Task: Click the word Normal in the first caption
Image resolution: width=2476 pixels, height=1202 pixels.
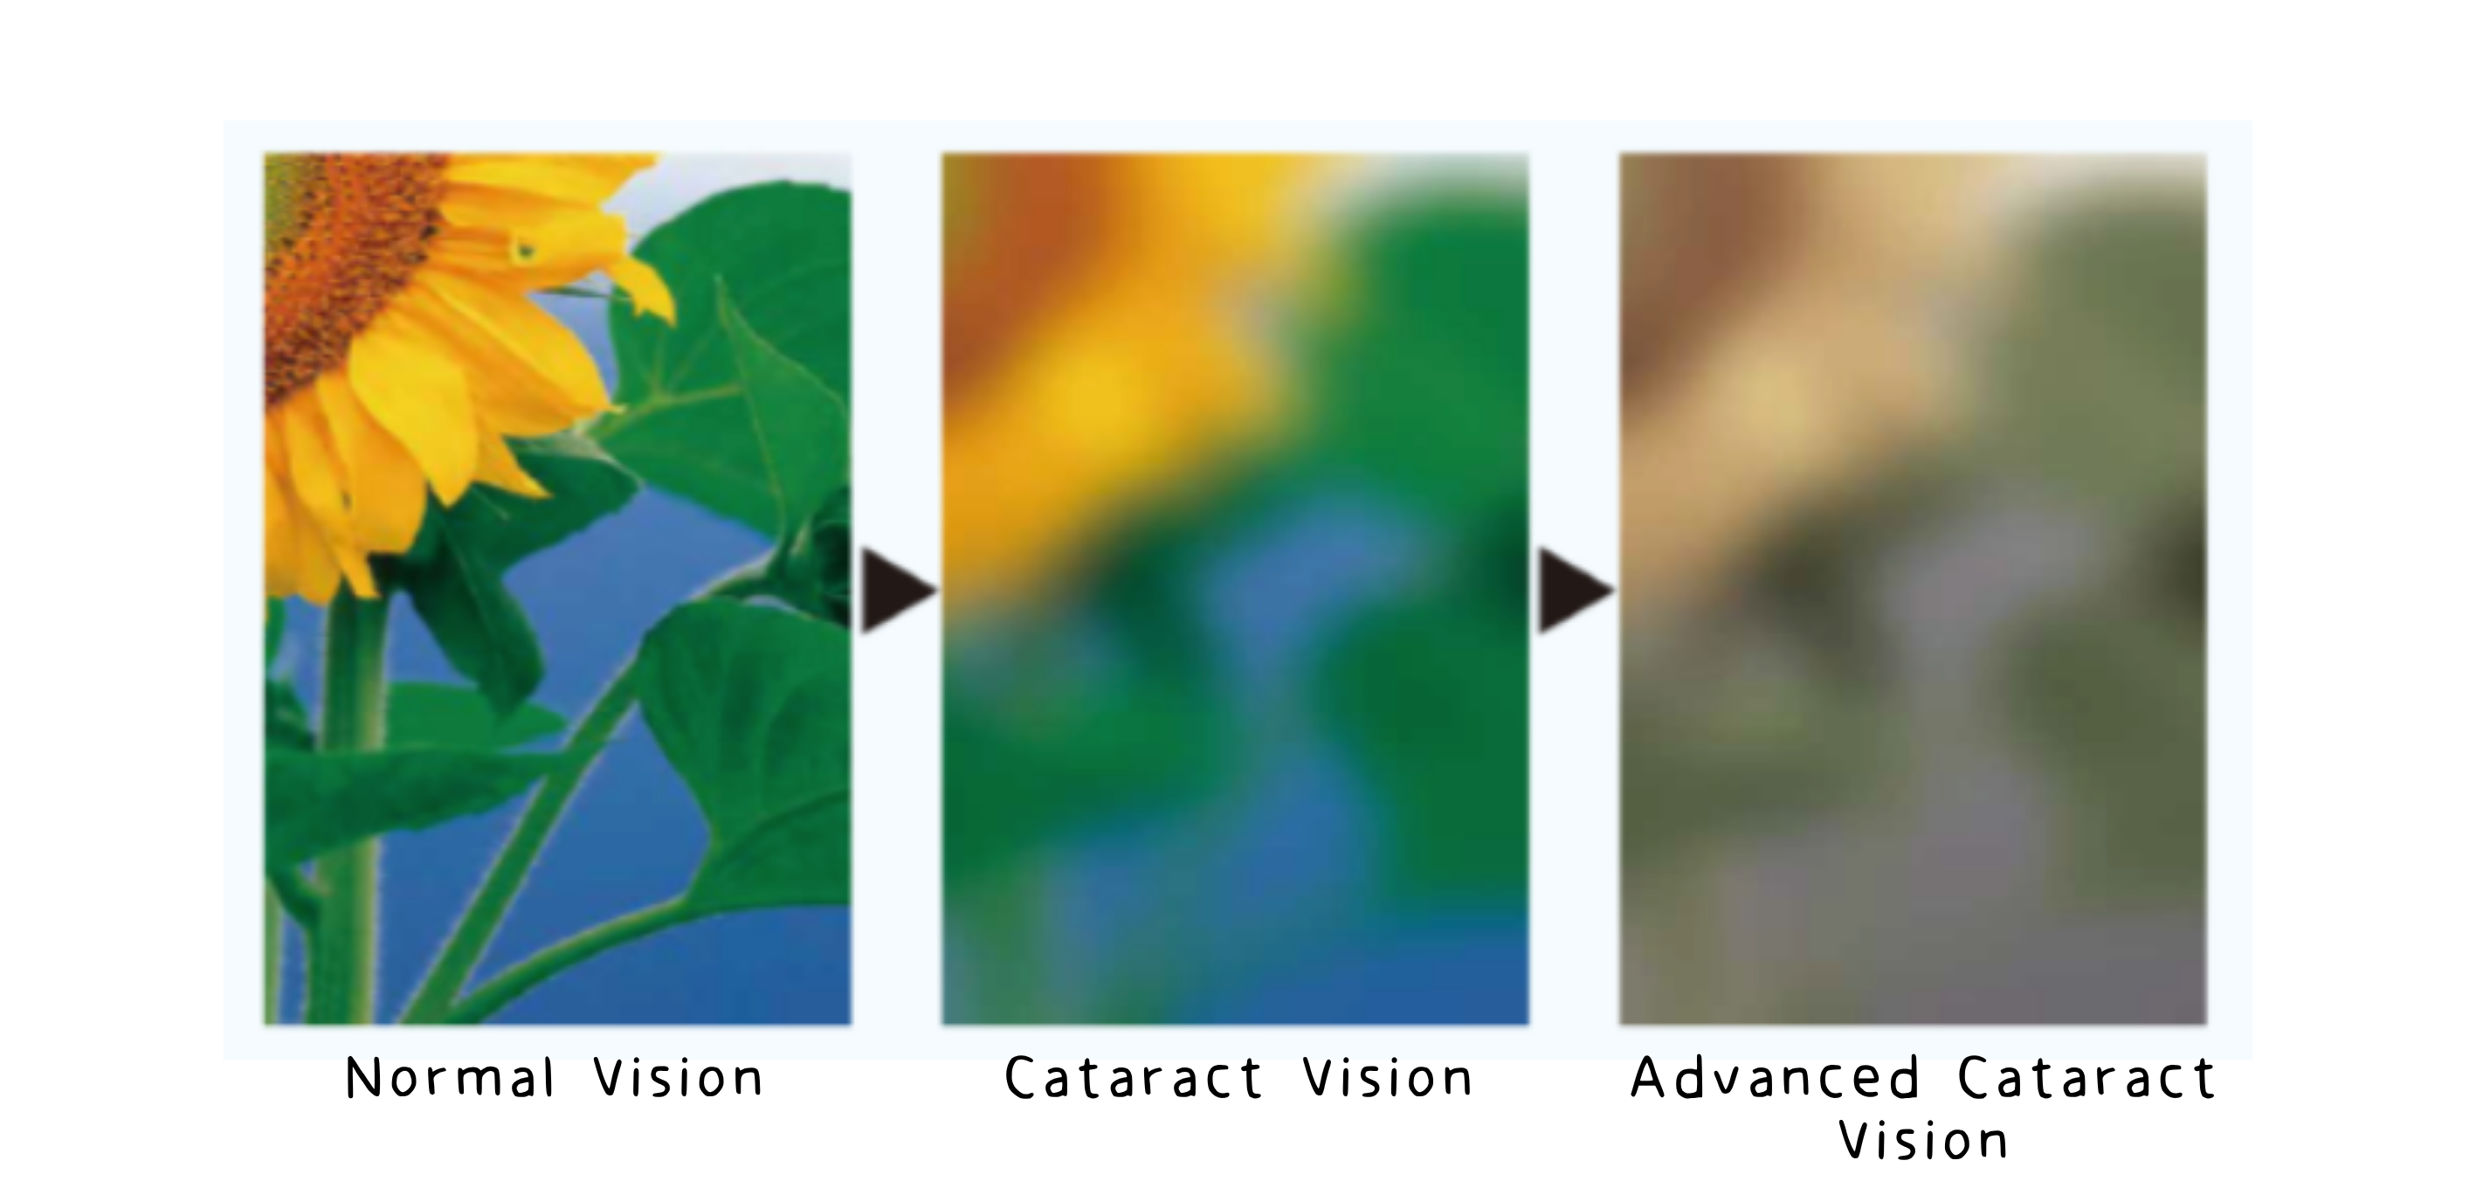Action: [x=451, y=1078]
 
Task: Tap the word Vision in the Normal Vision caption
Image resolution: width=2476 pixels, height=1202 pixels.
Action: [x=679, y=1078]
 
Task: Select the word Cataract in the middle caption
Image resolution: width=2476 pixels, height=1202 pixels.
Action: [x=1134, y=1078]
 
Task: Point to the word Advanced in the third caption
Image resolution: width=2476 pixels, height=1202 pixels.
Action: [x=1775, y=1078]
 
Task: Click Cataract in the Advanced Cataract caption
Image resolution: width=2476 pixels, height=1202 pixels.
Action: [x=2086, y=1078]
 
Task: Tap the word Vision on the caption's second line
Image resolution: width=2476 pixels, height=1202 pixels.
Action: [x=1923, y=1142]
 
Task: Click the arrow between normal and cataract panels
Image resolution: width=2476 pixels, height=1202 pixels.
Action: [x=898, y=591]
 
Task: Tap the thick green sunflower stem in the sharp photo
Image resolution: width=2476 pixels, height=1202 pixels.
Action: [x=351, y=808]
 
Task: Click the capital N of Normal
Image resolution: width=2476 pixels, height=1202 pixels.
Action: [x=362, y=1078]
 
